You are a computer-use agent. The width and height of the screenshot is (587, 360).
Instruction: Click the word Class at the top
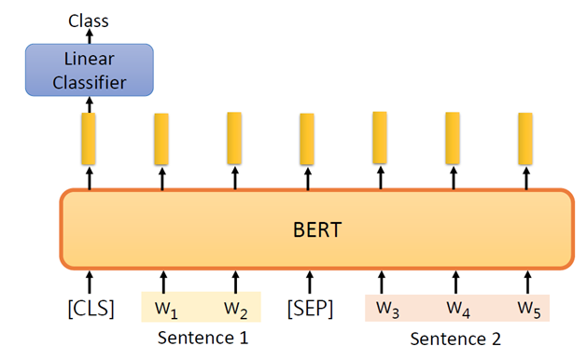click(x=89, y=20)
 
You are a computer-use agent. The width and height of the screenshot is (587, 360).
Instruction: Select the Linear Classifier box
click(x=89, y=70)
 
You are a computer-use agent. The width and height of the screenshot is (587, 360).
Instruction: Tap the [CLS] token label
click(x=91, y=307)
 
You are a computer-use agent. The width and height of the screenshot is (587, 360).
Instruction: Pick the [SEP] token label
click(x=309, y=307)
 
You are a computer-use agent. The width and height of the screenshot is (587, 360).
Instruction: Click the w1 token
click(x=165, y=307)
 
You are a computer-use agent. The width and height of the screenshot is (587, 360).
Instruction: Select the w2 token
click(x=235, y=307)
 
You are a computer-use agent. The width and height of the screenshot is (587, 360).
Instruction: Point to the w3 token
click(x=384, y=307)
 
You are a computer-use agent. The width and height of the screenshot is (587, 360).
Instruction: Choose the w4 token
click(x=455, y=307)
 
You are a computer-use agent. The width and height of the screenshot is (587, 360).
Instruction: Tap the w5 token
click(x=528, y=307)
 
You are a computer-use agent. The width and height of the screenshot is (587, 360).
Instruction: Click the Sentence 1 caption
click(x=203, y=338)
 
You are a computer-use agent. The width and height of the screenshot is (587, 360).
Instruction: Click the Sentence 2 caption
click(x=456, y=338)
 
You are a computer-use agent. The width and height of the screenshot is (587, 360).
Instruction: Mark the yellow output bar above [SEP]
click(x=307, y=137)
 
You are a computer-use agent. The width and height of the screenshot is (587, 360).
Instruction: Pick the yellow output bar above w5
click(x=526, y=135)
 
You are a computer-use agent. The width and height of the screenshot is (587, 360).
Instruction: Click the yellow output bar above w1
click(x=161, y=136)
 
